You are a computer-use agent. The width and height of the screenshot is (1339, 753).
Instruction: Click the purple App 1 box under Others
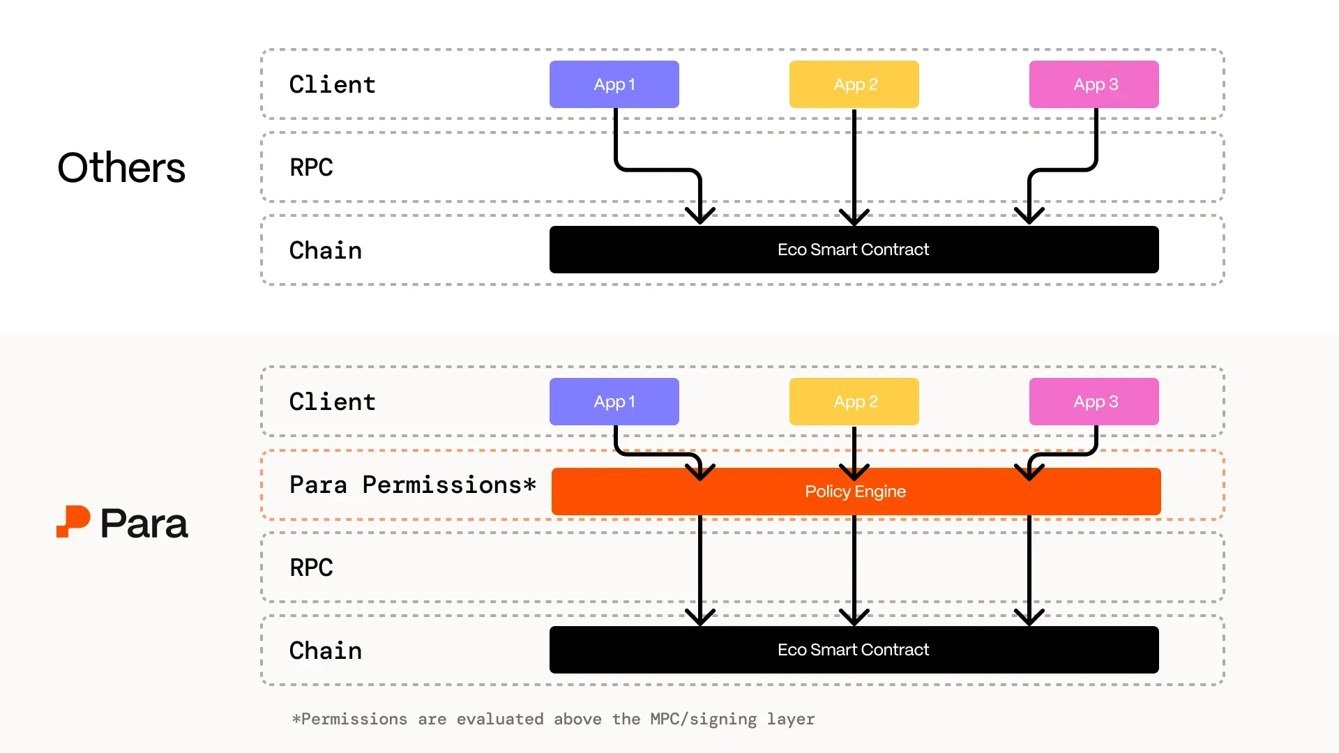[614, 84]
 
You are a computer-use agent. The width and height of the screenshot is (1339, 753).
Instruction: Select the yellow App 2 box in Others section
[854, 84]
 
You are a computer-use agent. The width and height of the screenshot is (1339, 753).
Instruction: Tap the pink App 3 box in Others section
[1094, 84]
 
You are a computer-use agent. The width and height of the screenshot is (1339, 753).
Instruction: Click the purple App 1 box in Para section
[614, 402]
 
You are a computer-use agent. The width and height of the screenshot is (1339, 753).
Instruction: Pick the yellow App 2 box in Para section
[854, 402]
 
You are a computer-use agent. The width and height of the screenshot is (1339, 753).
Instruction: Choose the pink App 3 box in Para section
[1094, 402]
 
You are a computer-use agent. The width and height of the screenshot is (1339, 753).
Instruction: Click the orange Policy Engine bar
[856, 492]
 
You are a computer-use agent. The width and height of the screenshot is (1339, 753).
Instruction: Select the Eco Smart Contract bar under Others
[854, 250]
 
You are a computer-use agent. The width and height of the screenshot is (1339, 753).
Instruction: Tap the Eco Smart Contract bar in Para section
[854, 650]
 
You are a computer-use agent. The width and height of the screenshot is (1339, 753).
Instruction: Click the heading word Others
[121, 168]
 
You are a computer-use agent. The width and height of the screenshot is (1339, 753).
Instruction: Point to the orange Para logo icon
[73, 522]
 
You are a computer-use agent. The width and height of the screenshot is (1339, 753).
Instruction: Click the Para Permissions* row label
[412, 485]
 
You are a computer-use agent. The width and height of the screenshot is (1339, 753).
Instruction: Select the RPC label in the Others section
[311, 167]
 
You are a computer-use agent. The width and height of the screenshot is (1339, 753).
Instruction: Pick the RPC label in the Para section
[311, 568]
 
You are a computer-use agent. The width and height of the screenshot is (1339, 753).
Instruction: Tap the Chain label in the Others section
[326, 250]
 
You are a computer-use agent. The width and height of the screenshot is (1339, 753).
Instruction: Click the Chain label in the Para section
[326, 651]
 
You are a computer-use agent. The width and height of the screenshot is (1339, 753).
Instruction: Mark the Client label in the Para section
[333, 402]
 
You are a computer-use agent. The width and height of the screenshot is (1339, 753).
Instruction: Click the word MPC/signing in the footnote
[703, 719]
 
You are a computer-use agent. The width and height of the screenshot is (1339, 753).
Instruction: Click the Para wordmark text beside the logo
[144, 524]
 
